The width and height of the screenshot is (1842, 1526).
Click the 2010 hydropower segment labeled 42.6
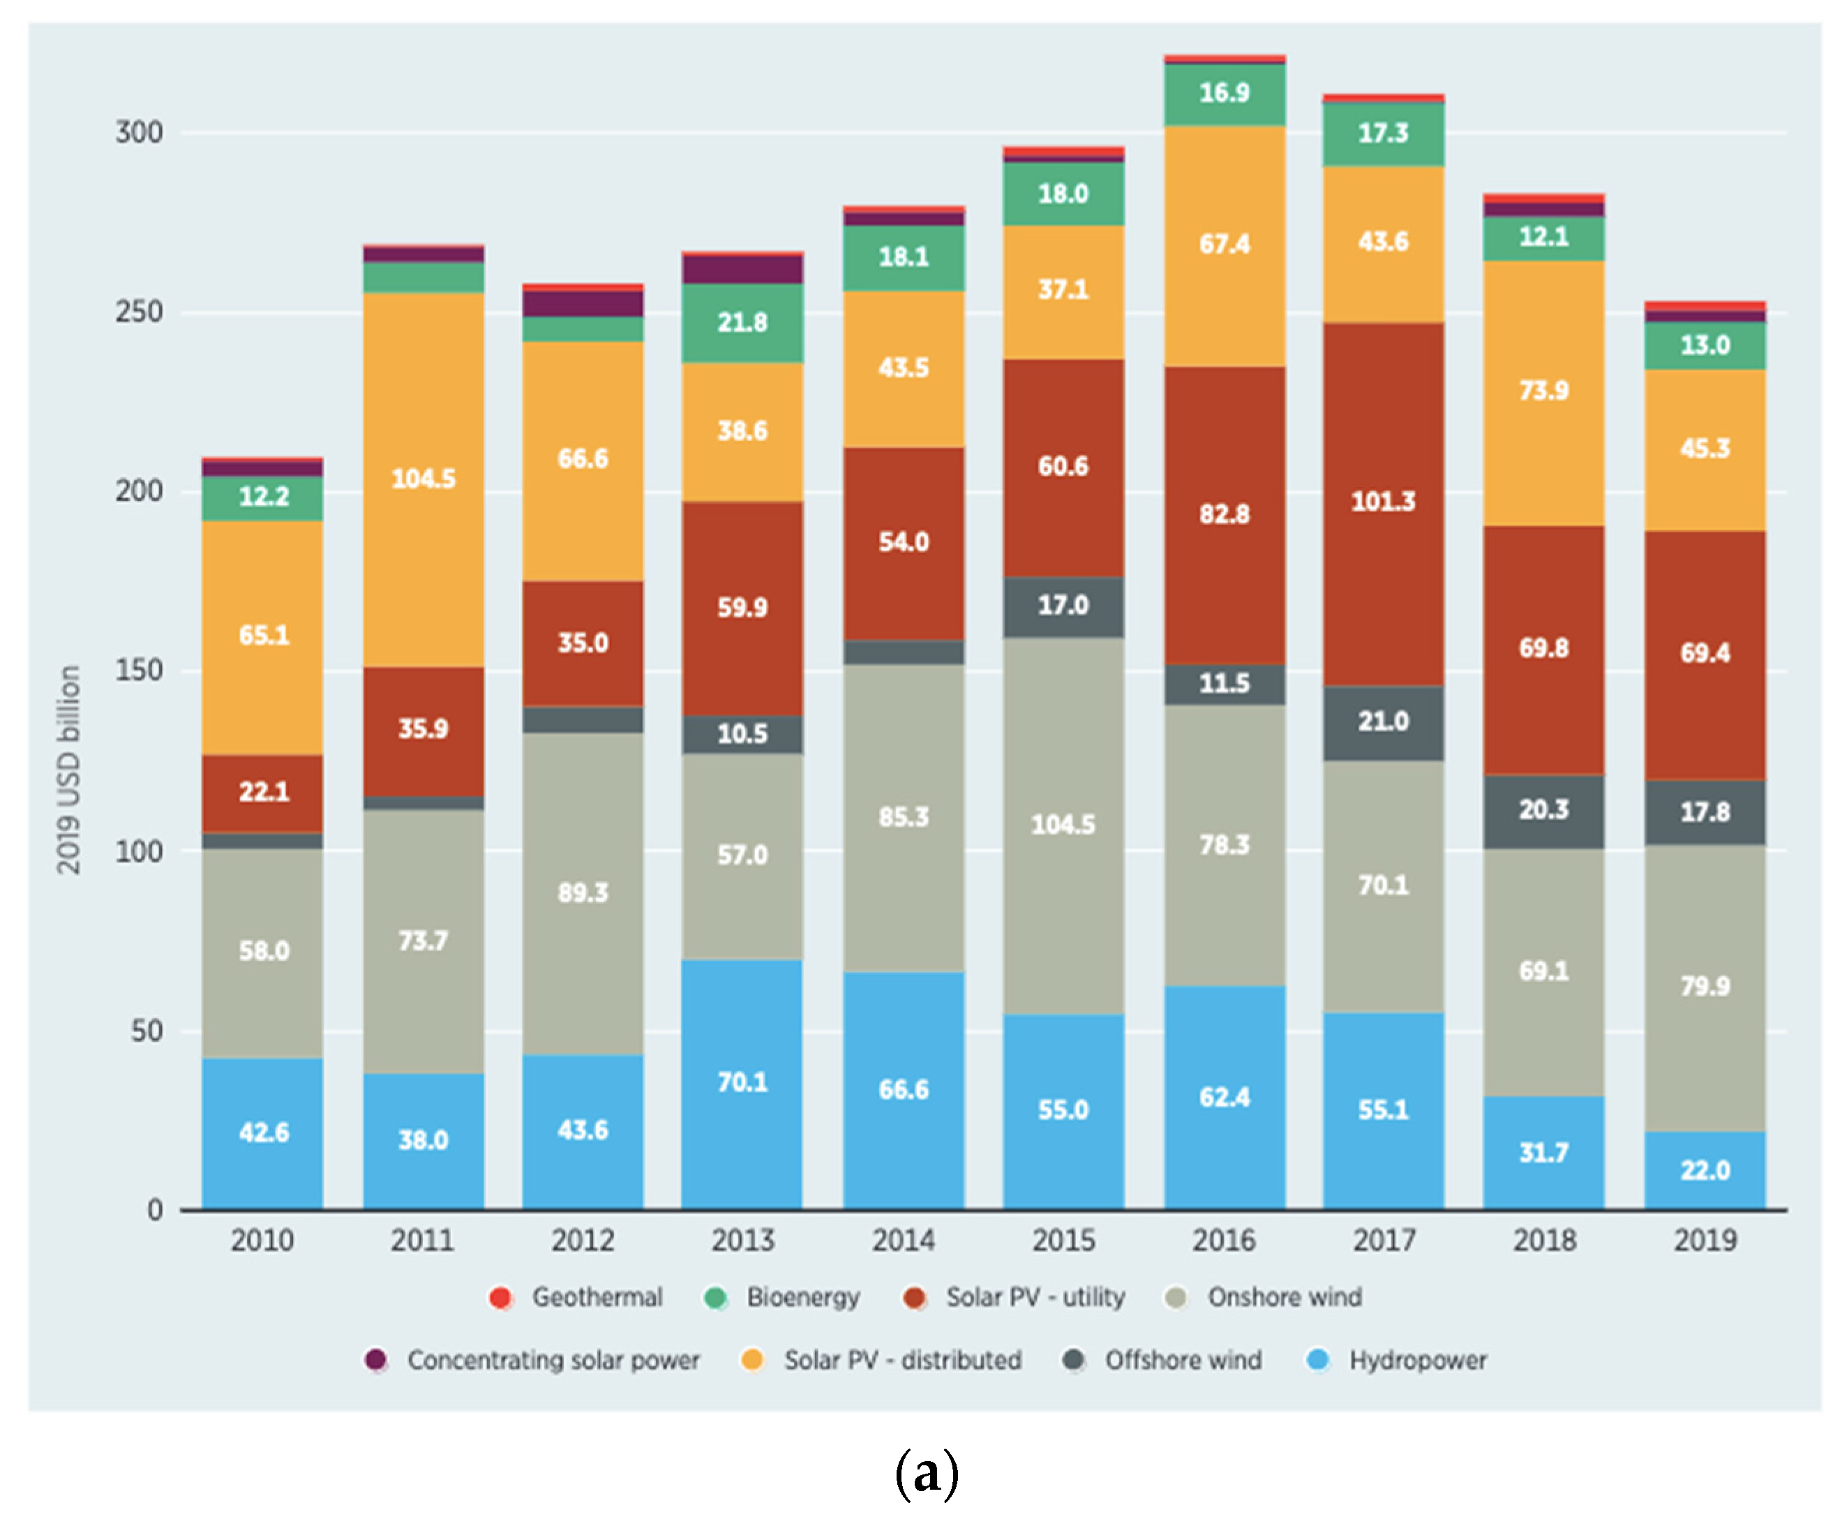tap(263, 1132)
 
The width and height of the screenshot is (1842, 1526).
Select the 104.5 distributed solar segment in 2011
tap(424, 479)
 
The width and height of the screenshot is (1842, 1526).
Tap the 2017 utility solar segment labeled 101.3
tap(1384, 502)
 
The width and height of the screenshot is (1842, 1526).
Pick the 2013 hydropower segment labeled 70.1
tap(742, 1082)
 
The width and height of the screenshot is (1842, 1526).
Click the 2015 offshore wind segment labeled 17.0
tap(1063, 605)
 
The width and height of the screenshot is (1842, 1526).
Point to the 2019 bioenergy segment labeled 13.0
tap(1705, 345)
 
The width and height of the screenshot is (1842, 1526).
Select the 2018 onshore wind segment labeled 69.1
tap(1544, 971)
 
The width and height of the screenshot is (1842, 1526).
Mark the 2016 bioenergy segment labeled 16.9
tap(1225, 93)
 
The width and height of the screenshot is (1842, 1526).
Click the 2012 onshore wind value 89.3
tap(583, 893)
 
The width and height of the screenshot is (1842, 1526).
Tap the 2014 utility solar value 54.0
tap(904, 542)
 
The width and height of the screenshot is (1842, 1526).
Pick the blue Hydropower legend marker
tap(1317, 1360)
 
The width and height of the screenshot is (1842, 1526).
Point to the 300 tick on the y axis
tap(140, 133)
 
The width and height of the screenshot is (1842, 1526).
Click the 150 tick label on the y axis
tap(140, 671)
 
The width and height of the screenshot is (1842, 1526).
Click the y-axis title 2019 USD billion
tap(68, 770)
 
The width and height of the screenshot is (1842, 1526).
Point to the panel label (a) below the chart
tap(927, 1474)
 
